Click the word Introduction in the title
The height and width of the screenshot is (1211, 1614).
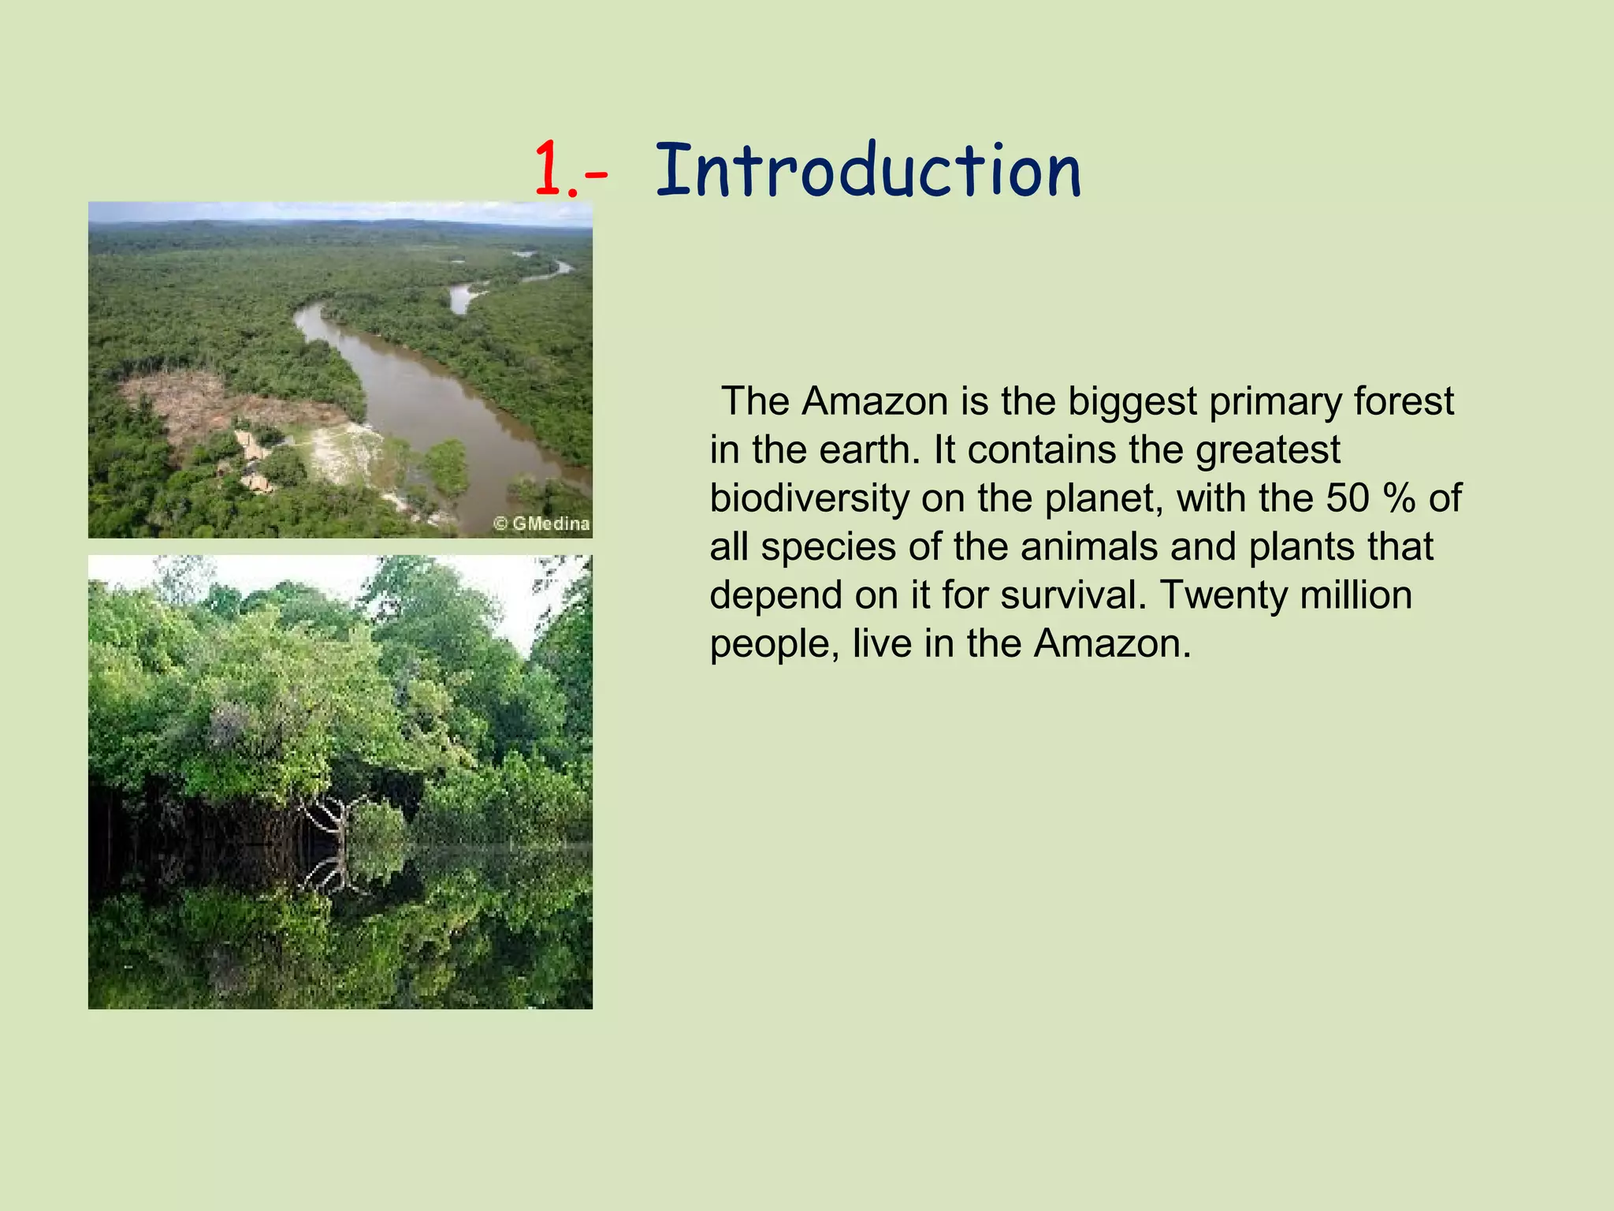tap(868, 171)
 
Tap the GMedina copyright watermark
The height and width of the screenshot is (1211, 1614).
tap(542, 524)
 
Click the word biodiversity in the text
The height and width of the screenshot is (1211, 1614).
tap(809, 499)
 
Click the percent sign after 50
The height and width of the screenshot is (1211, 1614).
tap(1399, 499)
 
